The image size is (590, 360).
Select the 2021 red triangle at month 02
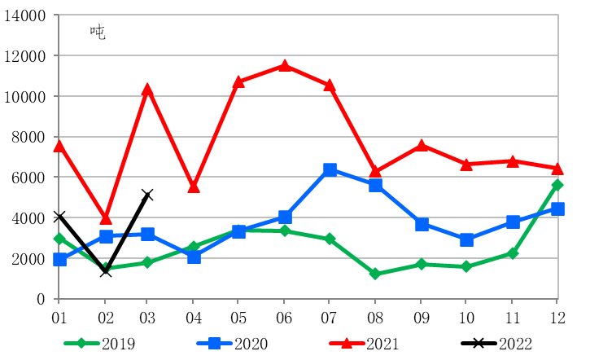click(105, 217)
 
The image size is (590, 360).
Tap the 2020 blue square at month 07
click(330, 170)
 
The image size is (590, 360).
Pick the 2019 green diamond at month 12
click(557, 185)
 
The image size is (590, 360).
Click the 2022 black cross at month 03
click(147, 195)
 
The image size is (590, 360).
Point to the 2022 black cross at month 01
click(59, 217)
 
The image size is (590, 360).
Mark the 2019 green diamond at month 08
click(375, 274)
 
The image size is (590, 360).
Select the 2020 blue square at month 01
click(59, 260)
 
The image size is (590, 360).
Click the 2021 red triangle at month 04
click(194, 187)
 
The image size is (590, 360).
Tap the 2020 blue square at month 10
click(466, 240)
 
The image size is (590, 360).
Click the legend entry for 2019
click(101, 344)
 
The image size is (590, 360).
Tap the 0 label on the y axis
click(40, 299)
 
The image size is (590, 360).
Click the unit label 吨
click(98, 33)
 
